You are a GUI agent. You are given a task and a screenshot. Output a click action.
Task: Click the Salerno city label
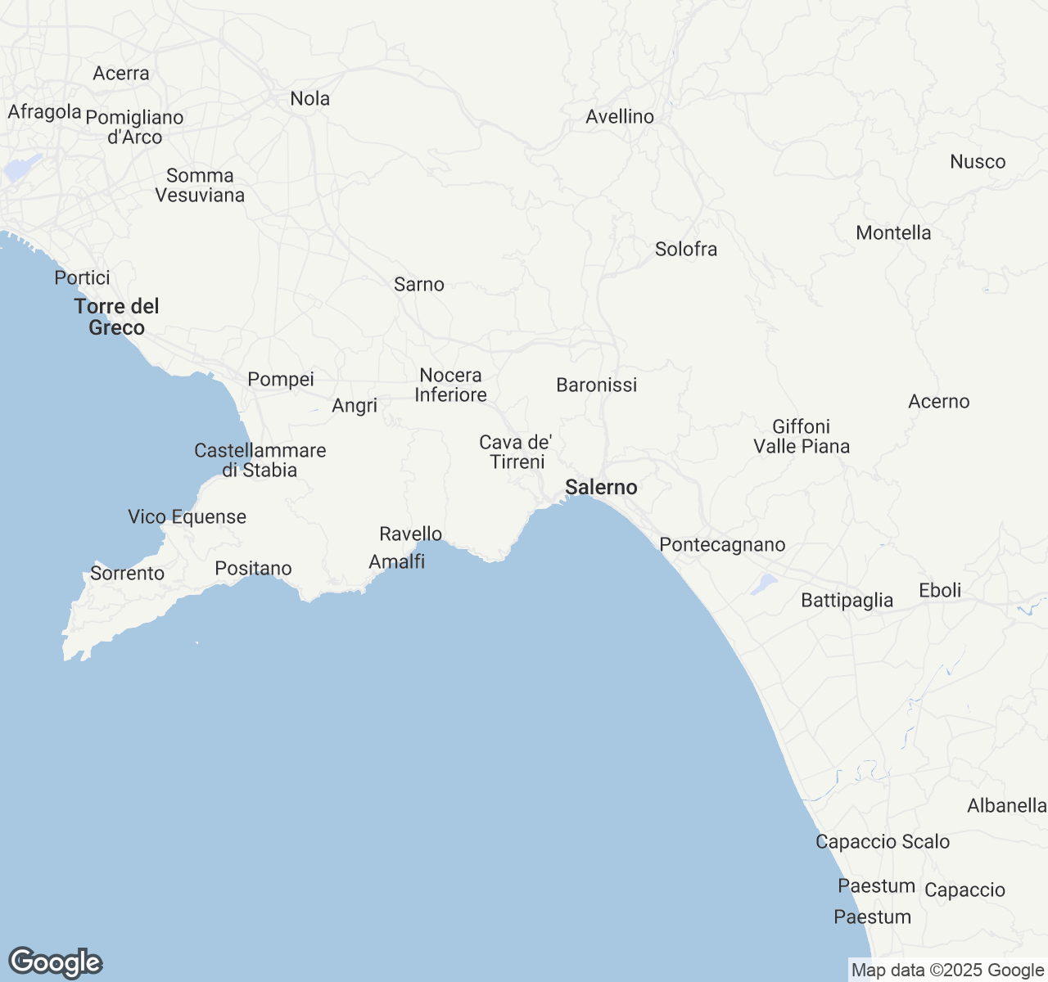tap(601, 488)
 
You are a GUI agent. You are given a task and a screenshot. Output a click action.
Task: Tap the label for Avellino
tap(620, 117)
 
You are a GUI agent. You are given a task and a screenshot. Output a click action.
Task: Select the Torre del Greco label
tap(116, 317)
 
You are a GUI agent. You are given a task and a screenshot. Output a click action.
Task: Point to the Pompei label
tap(281, 380)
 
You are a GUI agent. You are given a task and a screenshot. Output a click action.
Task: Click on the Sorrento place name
tap(127, 574)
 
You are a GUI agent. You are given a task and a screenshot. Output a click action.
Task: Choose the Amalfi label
tap(396, 562)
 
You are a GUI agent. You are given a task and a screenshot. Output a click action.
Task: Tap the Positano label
tap(253, 569)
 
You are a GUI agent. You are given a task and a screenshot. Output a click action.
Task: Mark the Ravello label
tap(410, 534)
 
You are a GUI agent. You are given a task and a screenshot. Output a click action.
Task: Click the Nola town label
tap(310, 99)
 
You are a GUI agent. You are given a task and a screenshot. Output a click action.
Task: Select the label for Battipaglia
tap(847, 601)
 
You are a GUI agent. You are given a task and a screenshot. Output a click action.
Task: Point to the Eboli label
tap(940, 591)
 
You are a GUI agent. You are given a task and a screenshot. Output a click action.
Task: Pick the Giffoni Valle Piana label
tap(802, 436)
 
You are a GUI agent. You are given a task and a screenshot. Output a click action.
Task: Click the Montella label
tap(893, 233)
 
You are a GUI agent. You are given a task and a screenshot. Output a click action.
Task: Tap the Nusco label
tap(978, 162)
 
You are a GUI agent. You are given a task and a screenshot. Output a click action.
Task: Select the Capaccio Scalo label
tap(883, 842)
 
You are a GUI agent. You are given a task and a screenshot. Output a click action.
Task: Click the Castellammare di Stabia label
tap(260, 460)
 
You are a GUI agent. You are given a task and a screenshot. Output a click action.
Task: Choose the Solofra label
tap(686, 250)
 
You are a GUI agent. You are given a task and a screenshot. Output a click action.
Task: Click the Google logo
tap(56, 963)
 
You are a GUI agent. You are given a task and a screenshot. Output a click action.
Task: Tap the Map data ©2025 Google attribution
tap(947, 971)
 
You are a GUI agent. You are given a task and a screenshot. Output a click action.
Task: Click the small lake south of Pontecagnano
tap(765, 583)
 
